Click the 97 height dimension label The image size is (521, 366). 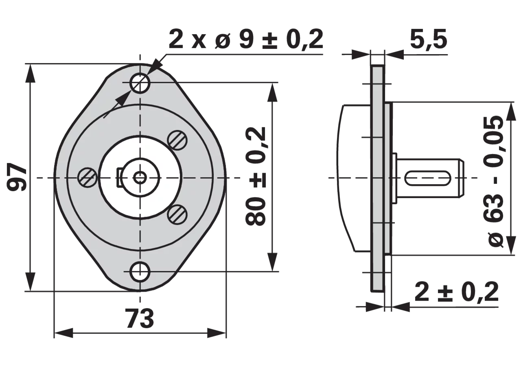[x=17, y=178]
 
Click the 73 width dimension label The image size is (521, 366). [x=140, y=318]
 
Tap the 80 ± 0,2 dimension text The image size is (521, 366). [x=255, y=176]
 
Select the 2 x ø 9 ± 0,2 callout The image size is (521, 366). [x=246, y=39]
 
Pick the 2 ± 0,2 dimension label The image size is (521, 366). [x=457, y=292]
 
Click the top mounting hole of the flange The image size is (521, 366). [x=140, y=83]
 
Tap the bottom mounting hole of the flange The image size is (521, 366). [x=140, y=271]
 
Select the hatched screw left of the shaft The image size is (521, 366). [x=88, y=178]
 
